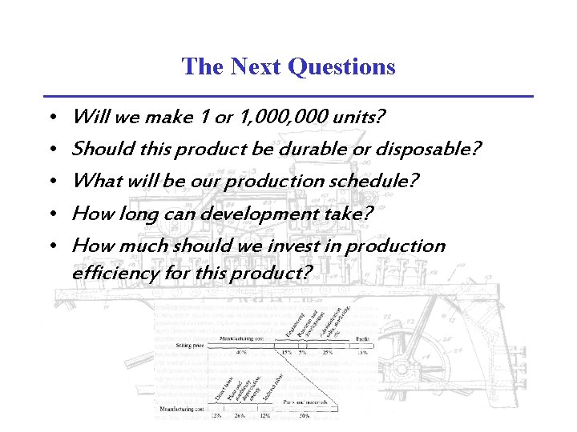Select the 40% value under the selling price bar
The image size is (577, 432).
pyautogui.click(x=241, y=352)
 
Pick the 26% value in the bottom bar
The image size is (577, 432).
pyautogui.click(x=240, y=415)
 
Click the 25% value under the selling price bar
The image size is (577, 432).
pyautogui.click(x=327, y=352)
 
